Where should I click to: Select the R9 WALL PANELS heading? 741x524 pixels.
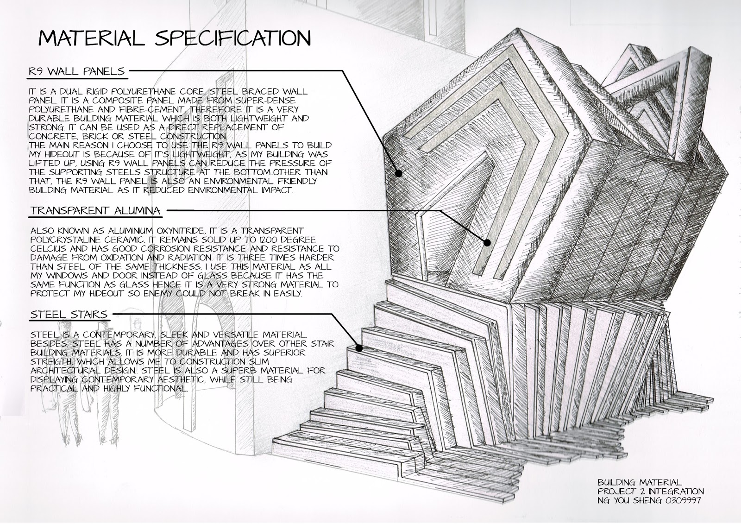[77, 71]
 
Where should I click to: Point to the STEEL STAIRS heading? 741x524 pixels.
[69, 315]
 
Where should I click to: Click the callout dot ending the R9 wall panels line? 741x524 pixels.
[398, 173]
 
